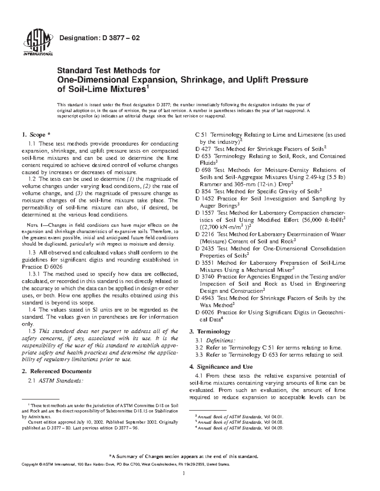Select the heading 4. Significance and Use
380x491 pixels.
(x=225, y=367)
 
